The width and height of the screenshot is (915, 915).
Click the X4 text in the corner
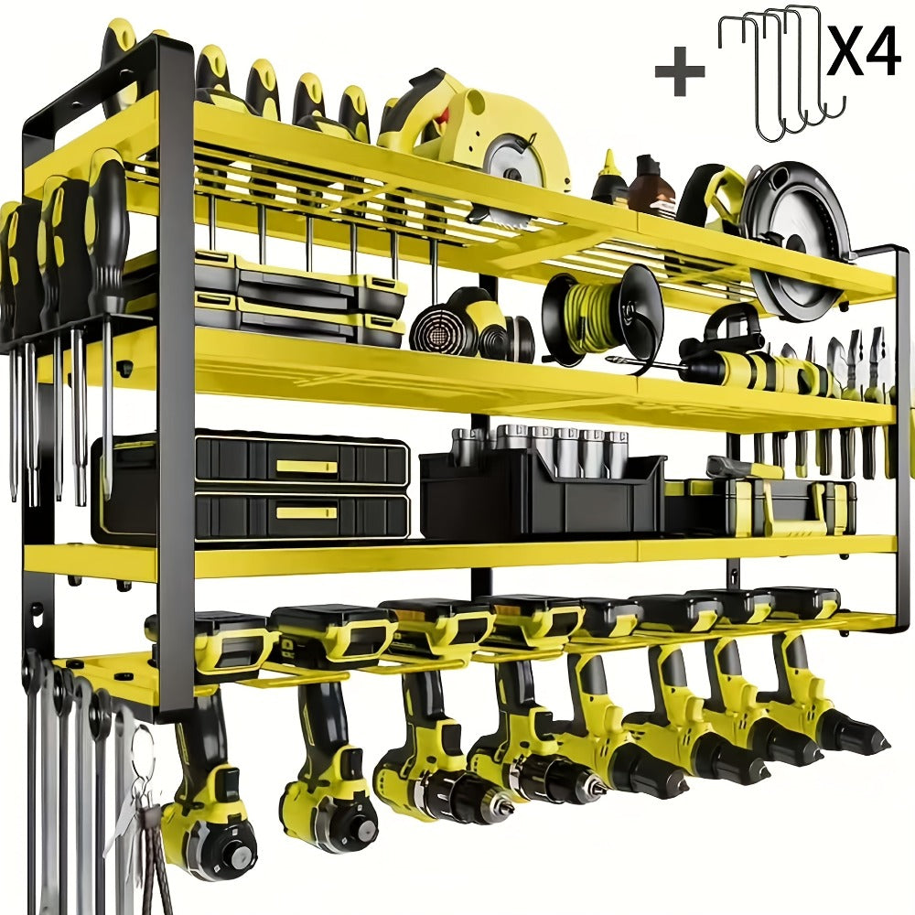pos(864,49)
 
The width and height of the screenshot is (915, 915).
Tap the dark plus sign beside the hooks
pos(679,71)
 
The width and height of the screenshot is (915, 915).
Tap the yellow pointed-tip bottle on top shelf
pos(609,179)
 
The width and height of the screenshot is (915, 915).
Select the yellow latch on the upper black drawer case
pos(307,467)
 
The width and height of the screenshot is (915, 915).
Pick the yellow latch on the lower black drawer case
pos(307,513)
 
